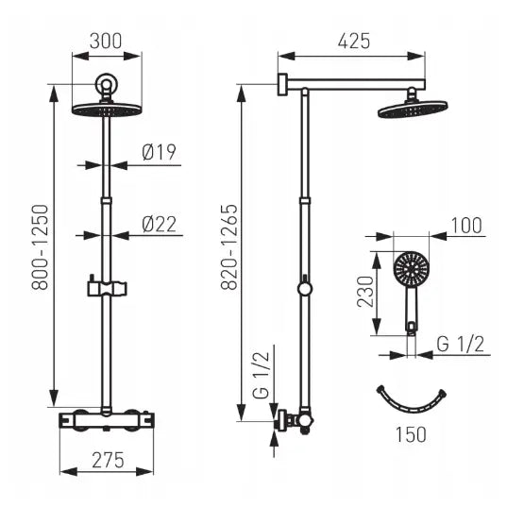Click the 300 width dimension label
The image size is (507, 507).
[x=106, y=41]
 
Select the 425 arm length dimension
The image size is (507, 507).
[x=354, y=41]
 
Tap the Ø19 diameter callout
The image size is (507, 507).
[x=159, y=152]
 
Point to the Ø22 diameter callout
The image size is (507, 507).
[x=159, y=224]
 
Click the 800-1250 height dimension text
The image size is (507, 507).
[x=40, y=246]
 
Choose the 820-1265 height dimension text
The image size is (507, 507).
[x=229, y=246]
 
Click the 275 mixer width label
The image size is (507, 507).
[x=108, y=460]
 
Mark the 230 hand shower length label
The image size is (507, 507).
[x=365, y=292]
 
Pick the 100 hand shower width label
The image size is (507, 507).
[x=466, y=226]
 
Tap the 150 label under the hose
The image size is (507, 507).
[x=411, y=434]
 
